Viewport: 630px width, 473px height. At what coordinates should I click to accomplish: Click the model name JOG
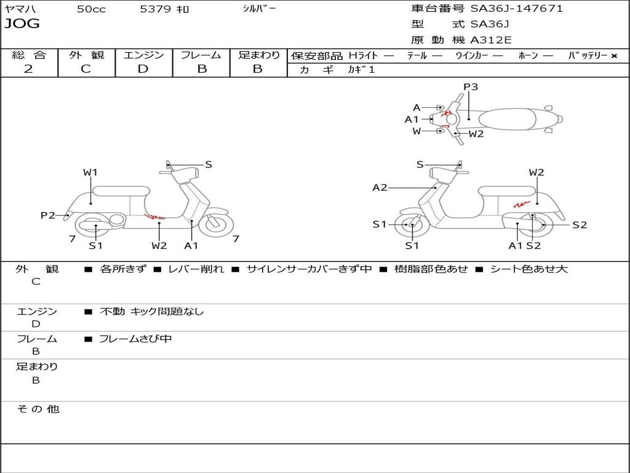click(22, 25)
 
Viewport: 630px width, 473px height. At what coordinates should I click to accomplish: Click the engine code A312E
click(490, 41)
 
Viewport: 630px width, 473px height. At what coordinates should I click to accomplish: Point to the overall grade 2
click(28, 69)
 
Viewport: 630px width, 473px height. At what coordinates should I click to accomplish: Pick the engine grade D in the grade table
click(143, 69)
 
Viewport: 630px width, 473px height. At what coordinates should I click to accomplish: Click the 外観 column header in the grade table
click(86, 55)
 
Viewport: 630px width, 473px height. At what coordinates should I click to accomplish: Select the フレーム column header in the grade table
click(201, 55)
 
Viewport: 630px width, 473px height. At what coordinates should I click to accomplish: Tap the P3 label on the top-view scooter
click(471, 87)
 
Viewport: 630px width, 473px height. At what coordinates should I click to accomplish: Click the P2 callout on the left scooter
click(48, 215)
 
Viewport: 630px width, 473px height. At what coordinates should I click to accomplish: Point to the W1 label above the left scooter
click(90, 172)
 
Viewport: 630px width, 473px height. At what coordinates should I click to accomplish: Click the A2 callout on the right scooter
click(380, 188)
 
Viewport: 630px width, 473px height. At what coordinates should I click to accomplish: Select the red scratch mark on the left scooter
click(154, 216)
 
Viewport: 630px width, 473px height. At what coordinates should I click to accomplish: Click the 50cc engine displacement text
click(90, 9)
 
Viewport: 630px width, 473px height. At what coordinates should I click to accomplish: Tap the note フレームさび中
click(135, 339)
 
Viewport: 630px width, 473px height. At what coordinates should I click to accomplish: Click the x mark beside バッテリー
click(613, 55)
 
